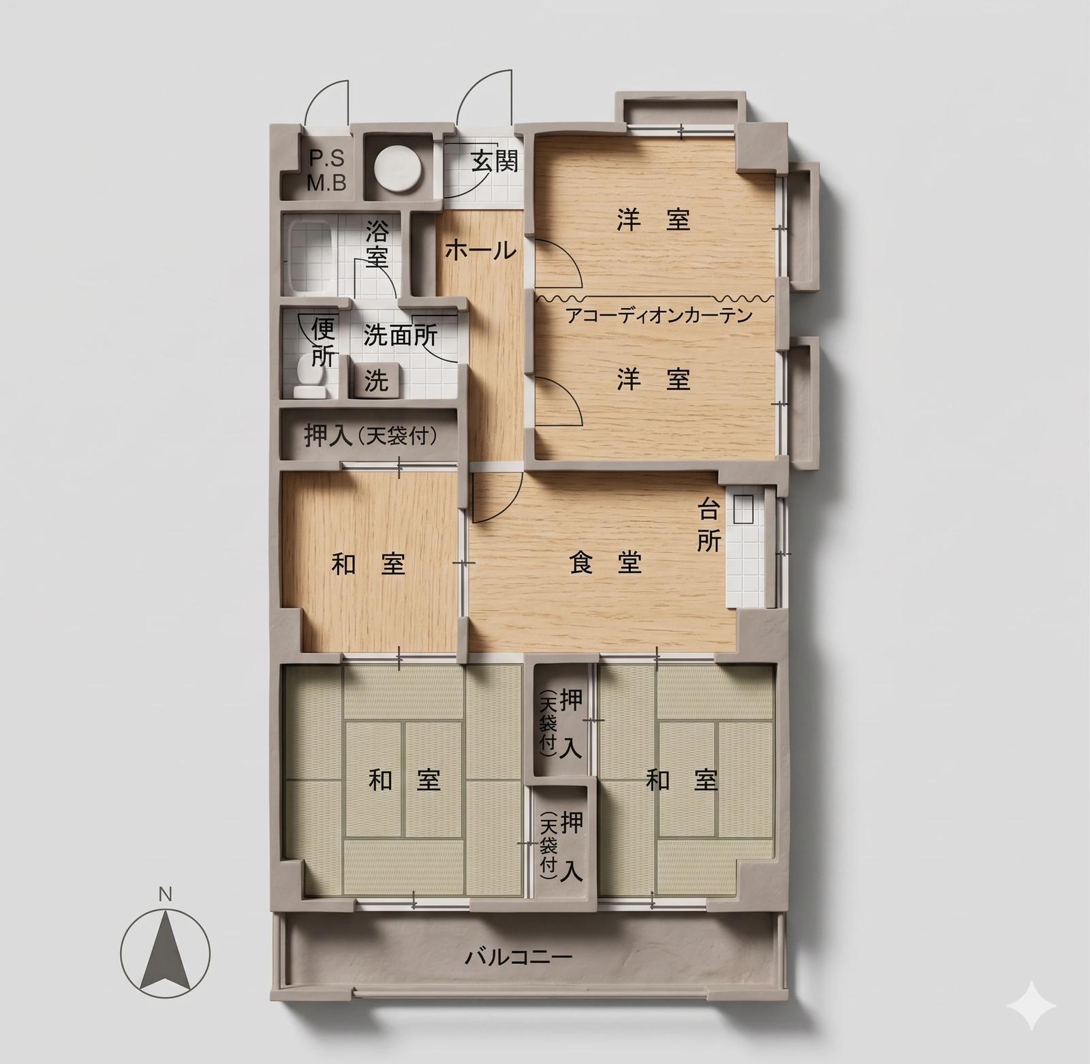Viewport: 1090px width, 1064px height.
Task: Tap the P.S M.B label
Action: (x=326, y=170)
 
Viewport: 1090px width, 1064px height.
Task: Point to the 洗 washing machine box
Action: (x=376, y=380)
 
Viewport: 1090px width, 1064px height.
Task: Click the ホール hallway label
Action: (x=480, y=251)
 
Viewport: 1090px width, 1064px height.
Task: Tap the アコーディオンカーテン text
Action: (x=659, y=316)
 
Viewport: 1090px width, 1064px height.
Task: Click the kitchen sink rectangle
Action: (x=743, y=508)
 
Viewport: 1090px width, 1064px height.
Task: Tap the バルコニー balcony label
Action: (x=518, y=957)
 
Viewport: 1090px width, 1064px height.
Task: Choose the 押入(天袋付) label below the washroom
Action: (x=371, y=436)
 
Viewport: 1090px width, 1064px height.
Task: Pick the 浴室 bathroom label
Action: (x=377, y=243)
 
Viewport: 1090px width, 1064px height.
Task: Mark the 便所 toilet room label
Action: (x=323, y=343)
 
